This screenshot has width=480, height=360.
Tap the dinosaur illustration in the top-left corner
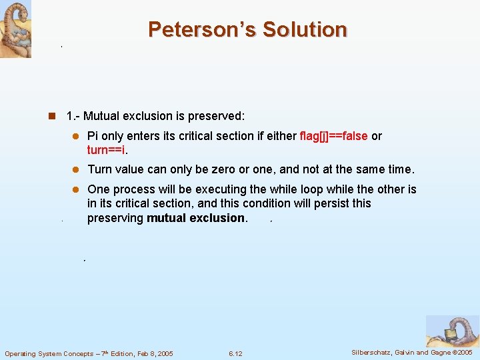[15, 29]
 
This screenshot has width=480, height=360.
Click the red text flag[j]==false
[333, 136]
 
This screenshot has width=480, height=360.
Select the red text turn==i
[107, 150]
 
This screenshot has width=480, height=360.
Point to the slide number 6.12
[235, 353]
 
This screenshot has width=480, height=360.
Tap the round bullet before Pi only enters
[76, 137]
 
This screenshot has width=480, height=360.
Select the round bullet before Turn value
[76, 170]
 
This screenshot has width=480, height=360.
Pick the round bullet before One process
[76, 190]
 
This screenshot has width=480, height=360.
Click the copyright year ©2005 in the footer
[461, 353]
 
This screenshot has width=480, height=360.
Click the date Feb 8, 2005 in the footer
[151, 353]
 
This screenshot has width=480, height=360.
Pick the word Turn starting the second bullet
[99, 169]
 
